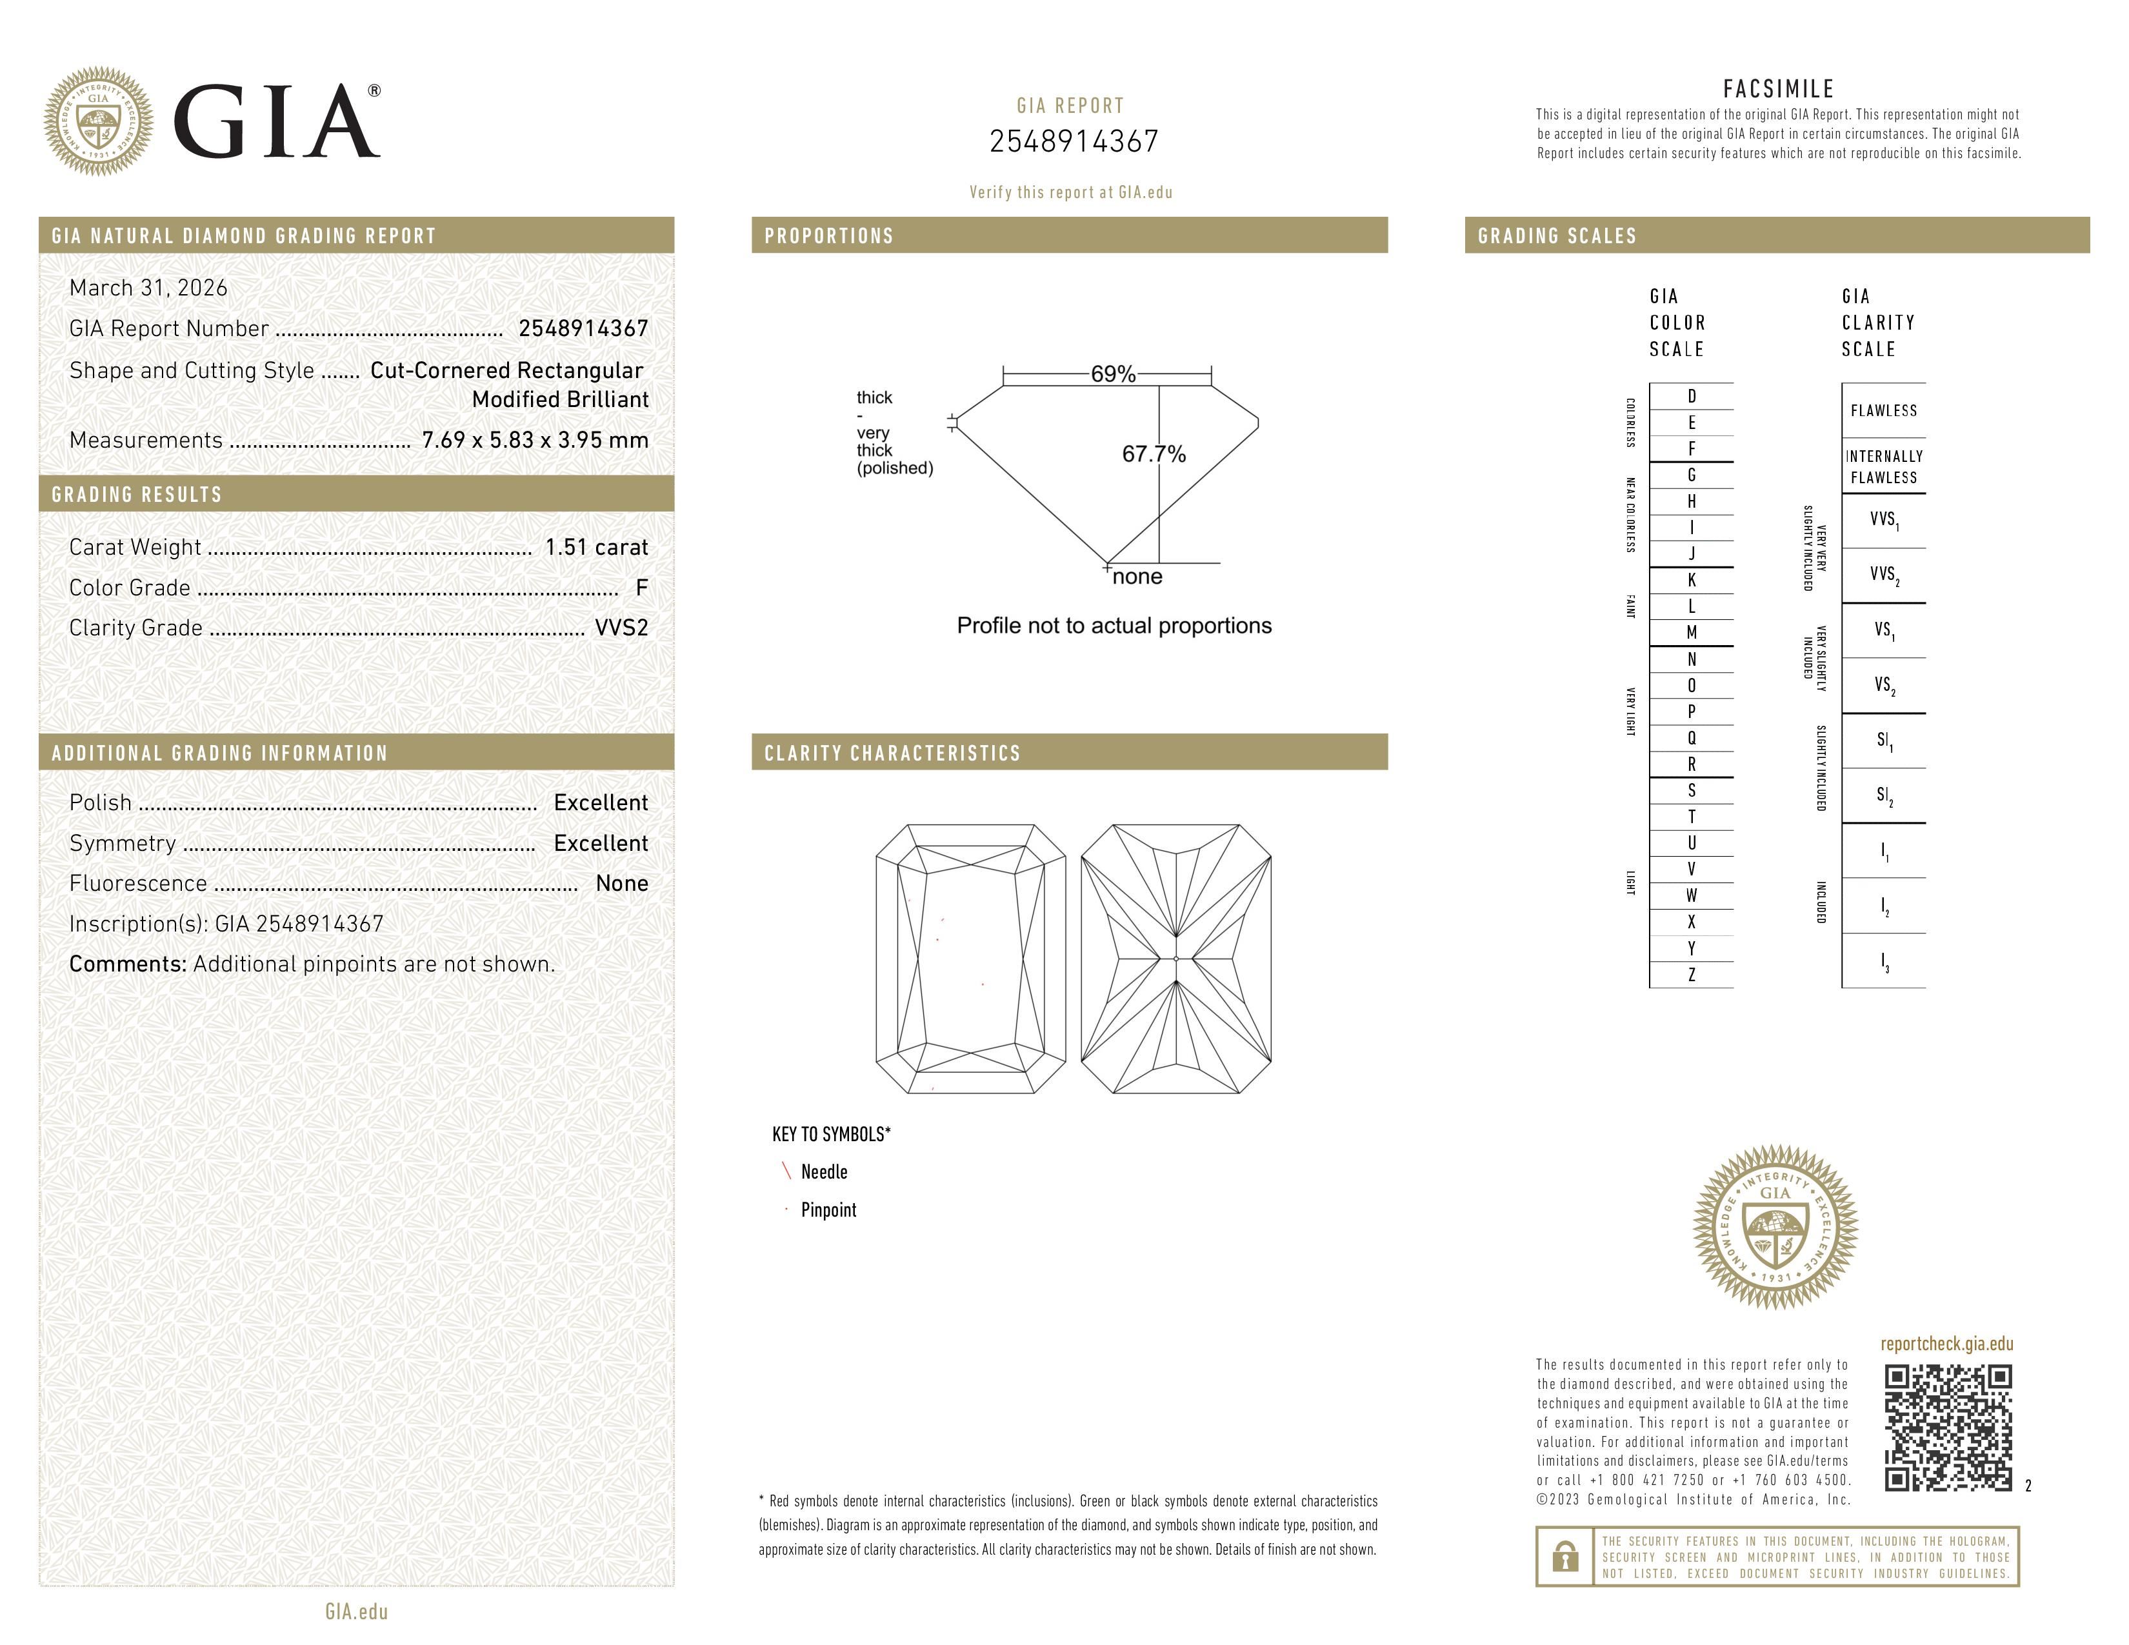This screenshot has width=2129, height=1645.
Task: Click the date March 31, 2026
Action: click(148, 288)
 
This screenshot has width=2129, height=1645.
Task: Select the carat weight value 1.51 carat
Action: click(595, 546)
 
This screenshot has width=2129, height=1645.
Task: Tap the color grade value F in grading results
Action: click(641, 588)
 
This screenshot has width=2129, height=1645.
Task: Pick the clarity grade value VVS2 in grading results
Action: click(621, 628)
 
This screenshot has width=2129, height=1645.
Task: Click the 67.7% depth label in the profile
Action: click(1154, 454)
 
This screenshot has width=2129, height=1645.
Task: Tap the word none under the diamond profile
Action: click(1137, 577)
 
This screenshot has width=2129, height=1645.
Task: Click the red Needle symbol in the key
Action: click(786, 1171)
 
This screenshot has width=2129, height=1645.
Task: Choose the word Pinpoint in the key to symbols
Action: click(828, 1210)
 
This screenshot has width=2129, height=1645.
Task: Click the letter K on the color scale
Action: click(1692, 580)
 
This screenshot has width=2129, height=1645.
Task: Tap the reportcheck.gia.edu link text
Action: click(1946, 1344)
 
